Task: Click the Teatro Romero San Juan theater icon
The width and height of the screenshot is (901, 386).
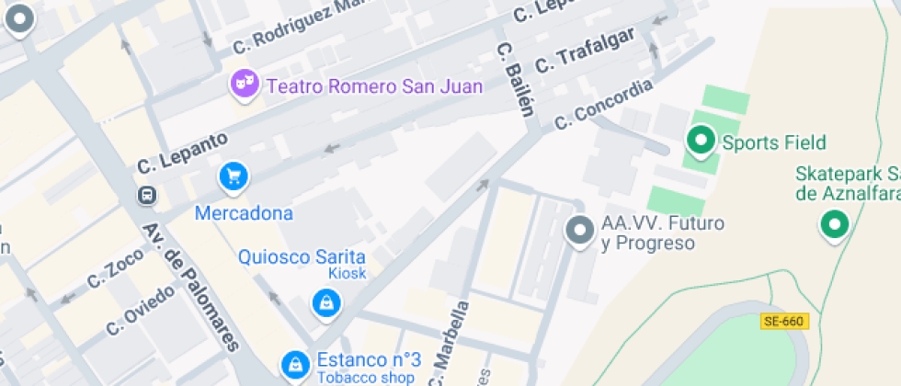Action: (243, 85)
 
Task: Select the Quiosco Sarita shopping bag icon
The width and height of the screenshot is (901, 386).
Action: (325, 302)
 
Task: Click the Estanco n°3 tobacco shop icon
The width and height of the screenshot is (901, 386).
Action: (294, 365)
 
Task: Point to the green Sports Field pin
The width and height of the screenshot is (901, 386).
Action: (701, 141)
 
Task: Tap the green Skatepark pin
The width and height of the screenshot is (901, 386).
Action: (834, 223)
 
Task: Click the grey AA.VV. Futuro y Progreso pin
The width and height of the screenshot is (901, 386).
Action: (580, 230)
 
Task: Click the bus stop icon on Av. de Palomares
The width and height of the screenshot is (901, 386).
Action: (146, 195)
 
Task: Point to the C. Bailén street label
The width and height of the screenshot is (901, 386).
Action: (514, 79)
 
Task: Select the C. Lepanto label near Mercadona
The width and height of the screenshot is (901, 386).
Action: (182, 153)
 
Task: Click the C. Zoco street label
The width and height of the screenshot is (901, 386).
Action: (115, 268)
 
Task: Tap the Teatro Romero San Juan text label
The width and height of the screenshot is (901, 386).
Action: (360, 86)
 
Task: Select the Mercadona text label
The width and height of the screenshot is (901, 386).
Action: (244, 213)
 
